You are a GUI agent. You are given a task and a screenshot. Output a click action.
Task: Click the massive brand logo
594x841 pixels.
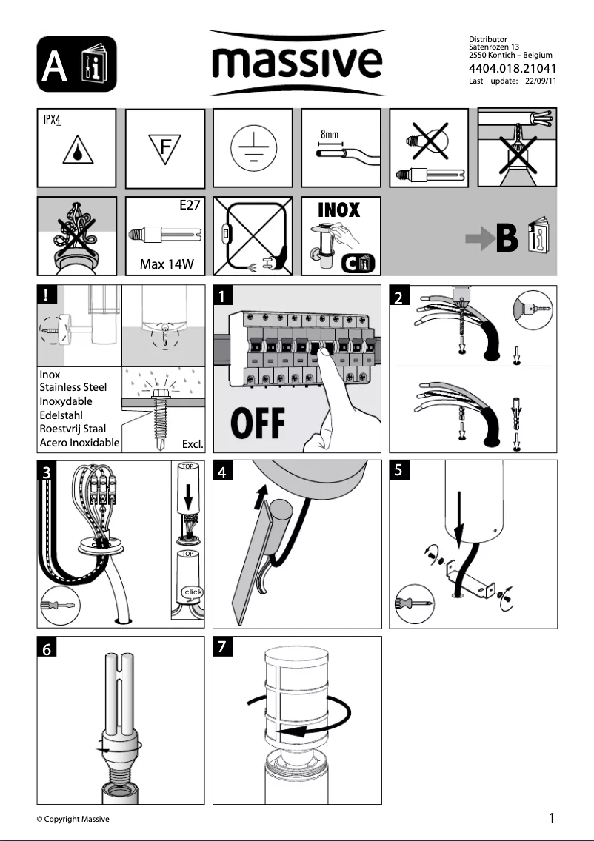[297, 64]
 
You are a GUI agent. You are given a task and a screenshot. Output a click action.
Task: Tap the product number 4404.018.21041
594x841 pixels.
[510, 70]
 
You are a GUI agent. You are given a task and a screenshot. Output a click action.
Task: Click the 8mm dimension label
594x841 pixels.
[330, 135]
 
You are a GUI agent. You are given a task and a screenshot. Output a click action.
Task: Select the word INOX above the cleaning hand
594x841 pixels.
[338, 210]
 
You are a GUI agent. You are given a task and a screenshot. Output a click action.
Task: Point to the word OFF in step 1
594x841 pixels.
[258, 423]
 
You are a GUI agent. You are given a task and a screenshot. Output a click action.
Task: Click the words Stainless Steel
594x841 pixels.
[73, 387]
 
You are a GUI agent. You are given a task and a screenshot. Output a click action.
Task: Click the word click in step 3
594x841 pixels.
[191, 592]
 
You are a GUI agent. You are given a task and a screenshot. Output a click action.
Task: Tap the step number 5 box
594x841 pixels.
[399, 470]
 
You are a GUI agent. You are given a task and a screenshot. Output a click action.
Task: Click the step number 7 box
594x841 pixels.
[223, 646]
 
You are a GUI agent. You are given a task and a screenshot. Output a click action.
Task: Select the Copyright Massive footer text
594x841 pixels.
[73, 819]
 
